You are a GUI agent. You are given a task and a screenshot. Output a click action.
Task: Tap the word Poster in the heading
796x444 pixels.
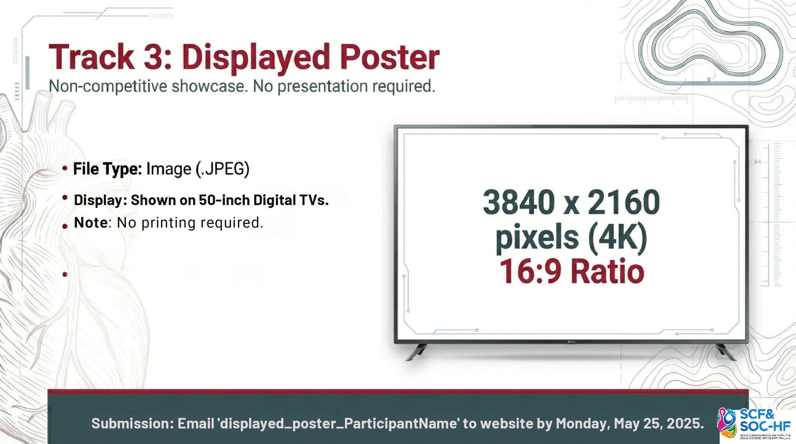(x=390, y=57)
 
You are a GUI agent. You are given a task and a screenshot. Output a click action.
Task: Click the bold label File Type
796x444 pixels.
(x=107, y=169)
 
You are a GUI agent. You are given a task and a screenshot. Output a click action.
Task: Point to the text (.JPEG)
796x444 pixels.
(x=222, y=169)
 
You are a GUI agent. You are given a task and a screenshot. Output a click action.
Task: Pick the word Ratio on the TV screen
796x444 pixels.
(x=607, y=271)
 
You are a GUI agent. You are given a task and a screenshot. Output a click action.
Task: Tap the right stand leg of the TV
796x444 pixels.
(x=726, y=352)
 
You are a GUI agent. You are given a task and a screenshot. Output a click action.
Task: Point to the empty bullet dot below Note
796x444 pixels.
(x=65, y=274)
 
